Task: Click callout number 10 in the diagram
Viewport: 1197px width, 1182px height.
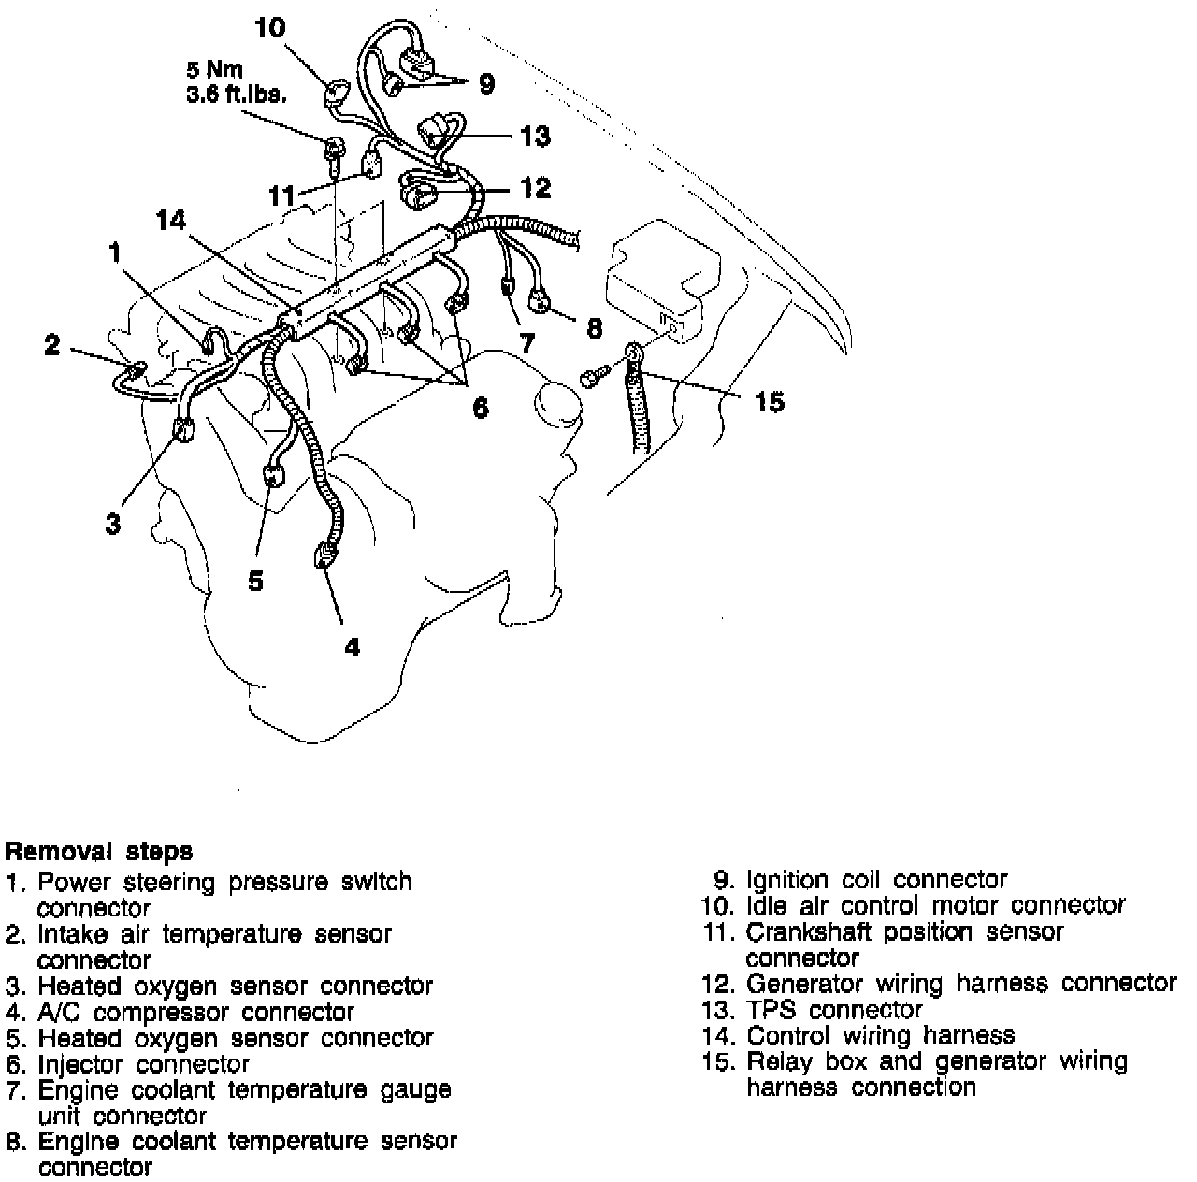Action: pyautogui.click(x=270, y=28)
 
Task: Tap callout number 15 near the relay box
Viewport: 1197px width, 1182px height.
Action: pyautogui.click(x=769, y=403)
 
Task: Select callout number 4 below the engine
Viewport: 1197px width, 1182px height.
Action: pyautogui.click(x=352, y=646)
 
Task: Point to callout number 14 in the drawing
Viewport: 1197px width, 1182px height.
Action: pyautogui.click(x=171, y=221)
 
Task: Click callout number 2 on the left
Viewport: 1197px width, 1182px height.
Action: pyautogui.click(x=52, y=345)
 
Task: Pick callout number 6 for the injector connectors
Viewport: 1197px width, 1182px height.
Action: pyautogui.click(x=480, y=408)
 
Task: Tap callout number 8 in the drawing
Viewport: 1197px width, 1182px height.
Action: pyautogui.click(x=594, y=329)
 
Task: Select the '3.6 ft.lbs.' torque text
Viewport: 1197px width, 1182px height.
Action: pyautogui.click(x=237, y=94)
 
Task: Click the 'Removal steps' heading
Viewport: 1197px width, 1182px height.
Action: pyautogui.click(x=99, y=852)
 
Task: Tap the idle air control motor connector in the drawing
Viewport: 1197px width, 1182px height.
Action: pyautogui.click(x=335, y=96)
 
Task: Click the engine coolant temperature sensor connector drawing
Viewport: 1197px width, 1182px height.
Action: pyautogui.click(x=542, y=299)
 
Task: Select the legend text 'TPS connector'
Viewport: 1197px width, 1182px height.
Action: pyautogui.click(x=834, y=1010)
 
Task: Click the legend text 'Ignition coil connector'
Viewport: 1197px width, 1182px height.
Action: pyautogui.click(x=876, y=880)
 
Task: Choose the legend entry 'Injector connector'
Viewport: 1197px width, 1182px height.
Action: pyautogui.click(x=143, y=1064)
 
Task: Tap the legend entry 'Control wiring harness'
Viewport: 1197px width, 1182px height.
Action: pyautogui.click(x=880, y=1035)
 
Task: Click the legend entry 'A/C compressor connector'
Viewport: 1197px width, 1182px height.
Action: pyautogui.click(x=195, y=1012)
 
